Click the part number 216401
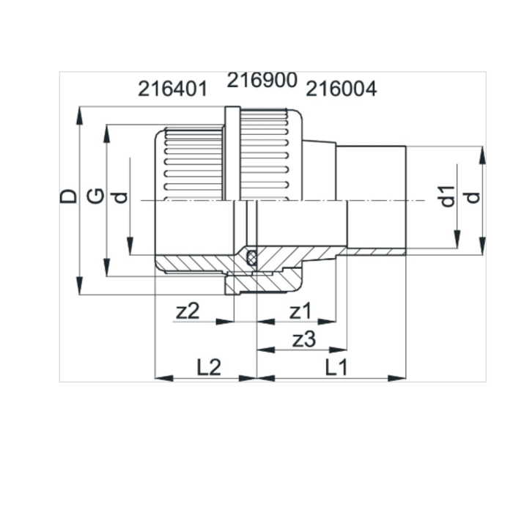tap(173, 89)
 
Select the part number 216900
tap(262, 81)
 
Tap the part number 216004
tap(341, 89)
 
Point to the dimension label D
tap(67, 196)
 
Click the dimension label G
tap(95, 196)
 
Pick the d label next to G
tap(120, 196)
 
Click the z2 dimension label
tap(188, 311)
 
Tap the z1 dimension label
tap(300, 311)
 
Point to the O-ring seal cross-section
tap(252, 257)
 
